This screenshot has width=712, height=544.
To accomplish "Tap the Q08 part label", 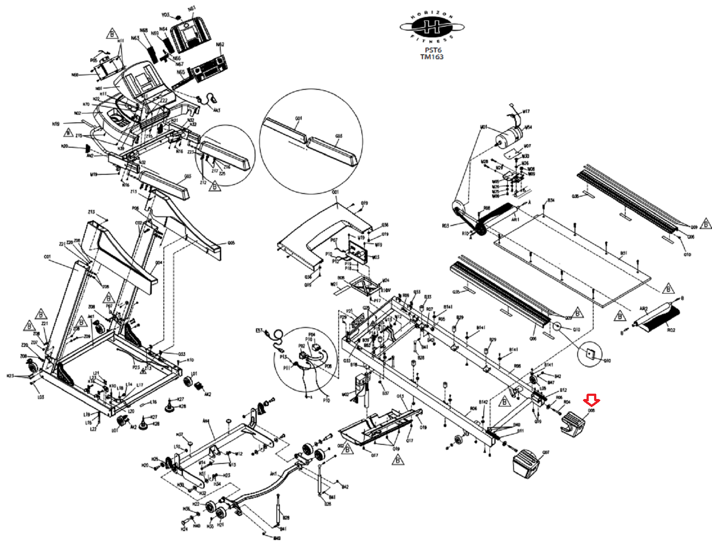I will point(591,411).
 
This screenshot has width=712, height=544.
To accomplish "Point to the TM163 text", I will point(432,56).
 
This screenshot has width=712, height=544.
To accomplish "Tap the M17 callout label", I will point(526,111).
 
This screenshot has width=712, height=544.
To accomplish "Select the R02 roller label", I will point(671,330).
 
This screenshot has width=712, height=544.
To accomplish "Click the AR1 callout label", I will point(515,219).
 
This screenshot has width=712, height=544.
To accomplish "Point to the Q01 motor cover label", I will point(335,192).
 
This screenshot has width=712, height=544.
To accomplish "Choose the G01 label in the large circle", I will point(299,118).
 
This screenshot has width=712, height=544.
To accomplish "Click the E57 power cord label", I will point(259,330).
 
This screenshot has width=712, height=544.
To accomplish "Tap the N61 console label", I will point(192,8).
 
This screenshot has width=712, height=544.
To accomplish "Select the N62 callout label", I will point(220,44).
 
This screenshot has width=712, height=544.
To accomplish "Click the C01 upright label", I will point(47,257).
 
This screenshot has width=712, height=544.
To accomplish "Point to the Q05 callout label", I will point(231,243).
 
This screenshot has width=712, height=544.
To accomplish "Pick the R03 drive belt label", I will point(445,226).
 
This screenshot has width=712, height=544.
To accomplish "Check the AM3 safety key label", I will point(217,110).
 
